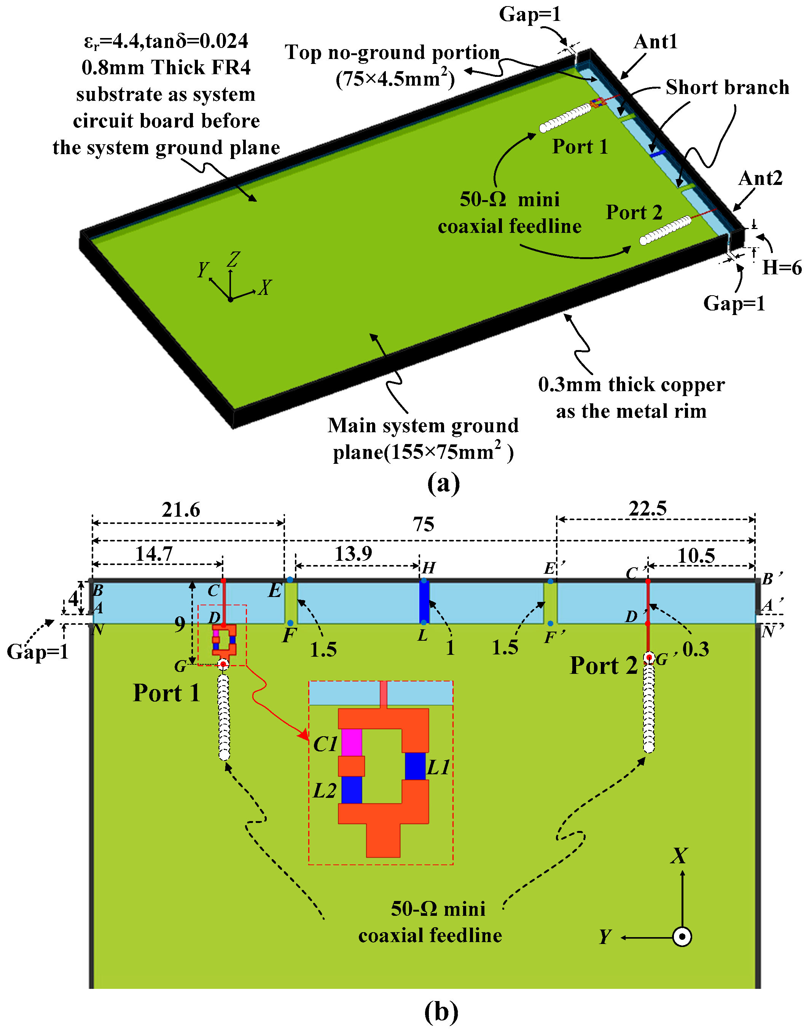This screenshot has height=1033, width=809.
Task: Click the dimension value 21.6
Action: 180,510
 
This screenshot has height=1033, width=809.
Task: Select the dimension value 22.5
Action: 648,509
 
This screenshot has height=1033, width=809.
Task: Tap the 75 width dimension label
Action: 423,525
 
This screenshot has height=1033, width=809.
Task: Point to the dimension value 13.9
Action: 354,553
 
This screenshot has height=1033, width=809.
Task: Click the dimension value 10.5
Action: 696,555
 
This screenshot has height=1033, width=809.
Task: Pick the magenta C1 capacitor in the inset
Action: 352,742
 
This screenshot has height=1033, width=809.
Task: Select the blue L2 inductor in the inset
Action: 352,789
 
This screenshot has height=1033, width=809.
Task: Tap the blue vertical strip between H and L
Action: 424,602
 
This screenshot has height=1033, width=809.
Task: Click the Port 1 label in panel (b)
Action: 166,693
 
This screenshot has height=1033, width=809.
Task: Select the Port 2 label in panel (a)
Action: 634,212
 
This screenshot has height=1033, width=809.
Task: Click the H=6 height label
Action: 782,268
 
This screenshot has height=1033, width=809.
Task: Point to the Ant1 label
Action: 656,42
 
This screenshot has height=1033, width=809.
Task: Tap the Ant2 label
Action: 760,178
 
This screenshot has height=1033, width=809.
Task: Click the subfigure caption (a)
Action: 443,483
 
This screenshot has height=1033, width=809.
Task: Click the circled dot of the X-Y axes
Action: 682,936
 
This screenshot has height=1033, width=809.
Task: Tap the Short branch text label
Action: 727,87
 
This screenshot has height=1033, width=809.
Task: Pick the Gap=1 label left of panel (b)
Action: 37,652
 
